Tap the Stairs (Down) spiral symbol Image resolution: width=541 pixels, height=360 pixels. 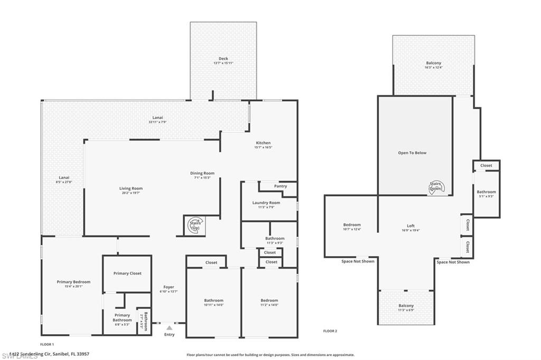coord(437,186)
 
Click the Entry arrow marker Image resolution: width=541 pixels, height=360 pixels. coord(169,328)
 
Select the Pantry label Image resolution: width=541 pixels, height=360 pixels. coord(281,186)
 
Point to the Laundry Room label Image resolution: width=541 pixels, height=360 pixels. coord(266,203)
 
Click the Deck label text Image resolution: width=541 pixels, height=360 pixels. coord(223,59)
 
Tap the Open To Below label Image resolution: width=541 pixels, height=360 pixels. coord(412,153)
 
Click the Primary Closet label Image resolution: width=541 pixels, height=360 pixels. coord(127,273)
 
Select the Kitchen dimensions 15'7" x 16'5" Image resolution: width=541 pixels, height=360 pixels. coord(263,147)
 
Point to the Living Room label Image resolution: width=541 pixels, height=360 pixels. coord(130,188)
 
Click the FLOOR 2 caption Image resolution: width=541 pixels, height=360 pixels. coord(330,331)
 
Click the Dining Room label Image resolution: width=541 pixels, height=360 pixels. coord(202,173)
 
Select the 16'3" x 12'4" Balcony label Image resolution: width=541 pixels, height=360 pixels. coord(433,65)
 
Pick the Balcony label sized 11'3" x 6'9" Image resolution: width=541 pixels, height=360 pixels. coord(406,308)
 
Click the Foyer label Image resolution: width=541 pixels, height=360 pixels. coord(169,287)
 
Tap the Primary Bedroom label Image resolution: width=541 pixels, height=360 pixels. coord(73,282)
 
